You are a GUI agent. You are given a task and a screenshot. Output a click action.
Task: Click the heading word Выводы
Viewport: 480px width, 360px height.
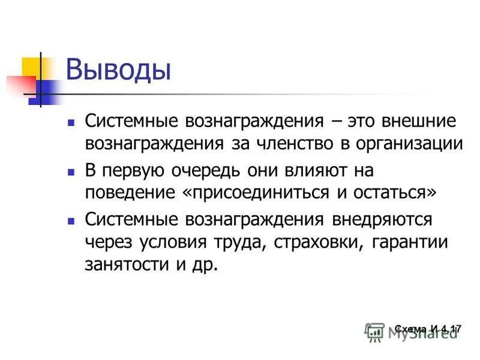118,69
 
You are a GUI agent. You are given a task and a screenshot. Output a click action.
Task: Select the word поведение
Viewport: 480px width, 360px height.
125,193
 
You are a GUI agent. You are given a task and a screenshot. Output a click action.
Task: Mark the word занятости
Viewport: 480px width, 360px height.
125,265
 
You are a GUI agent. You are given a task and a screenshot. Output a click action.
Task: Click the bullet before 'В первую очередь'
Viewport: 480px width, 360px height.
71,172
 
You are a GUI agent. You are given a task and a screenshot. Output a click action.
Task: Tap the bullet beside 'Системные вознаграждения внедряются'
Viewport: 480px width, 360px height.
71,221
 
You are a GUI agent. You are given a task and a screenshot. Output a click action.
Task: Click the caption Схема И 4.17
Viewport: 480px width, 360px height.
428,329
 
